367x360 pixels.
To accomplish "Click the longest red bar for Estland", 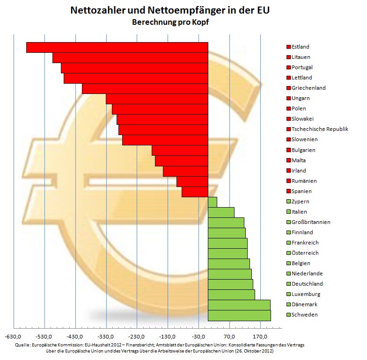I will pos(117,47).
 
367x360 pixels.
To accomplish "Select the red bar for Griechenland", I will pos(145,88).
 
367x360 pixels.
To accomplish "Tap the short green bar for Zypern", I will pos(213,202).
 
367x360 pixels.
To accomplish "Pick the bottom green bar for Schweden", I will pos(239,315).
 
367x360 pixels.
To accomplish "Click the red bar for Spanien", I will pos(195,192).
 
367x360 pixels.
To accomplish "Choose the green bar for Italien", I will pos(221,212).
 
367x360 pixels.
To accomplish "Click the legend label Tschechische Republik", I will pos(320,130).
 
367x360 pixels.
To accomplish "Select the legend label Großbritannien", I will pos(311,222).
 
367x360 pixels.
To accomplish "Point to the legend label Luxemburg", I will pos(306,294).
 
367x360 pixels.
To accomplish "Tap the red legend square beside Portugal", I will pos(288,68).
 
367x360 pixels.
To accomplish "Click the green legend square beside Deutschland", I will pos(288,284).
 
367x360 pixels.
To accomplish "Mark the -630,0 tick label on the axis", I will pos(14,336).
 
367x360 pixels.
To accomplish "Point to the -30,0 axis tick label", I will pos(199,336).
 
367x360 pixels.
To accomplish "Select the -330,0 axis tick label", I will pos(106,336).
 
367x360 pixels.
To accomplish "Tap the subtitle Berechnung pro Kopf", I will pos(170,22).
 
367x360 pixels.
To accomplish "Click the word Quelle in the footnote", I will pos(22,345).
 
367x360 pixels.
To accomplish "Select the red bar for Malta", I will pos(181,161).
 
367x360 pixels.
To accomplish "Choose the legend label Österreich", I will pos(305,253).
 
